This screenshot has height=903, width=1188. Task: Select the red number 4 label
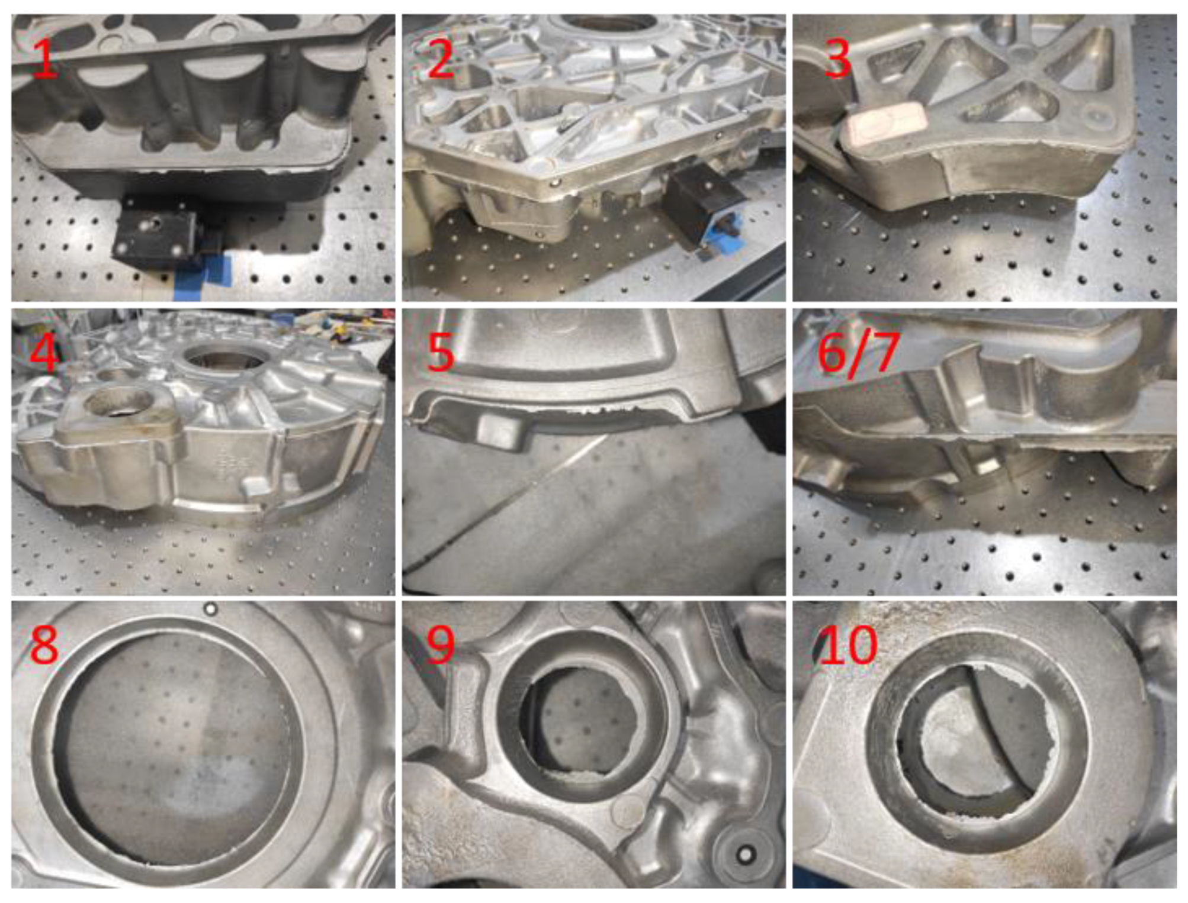tap(44, 353)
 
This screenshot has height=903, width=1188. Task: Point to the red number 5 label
tap(441, 353)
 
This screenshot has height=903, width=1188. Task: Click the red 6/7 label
tap(858, 353)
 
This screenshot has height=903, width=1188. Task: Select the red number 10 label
tap(847, 644)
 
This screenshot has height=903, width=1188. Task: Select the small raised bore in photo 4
tap(117, 404)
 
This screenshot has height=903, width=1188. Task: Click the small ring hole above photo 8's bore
tap(210, 609)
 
